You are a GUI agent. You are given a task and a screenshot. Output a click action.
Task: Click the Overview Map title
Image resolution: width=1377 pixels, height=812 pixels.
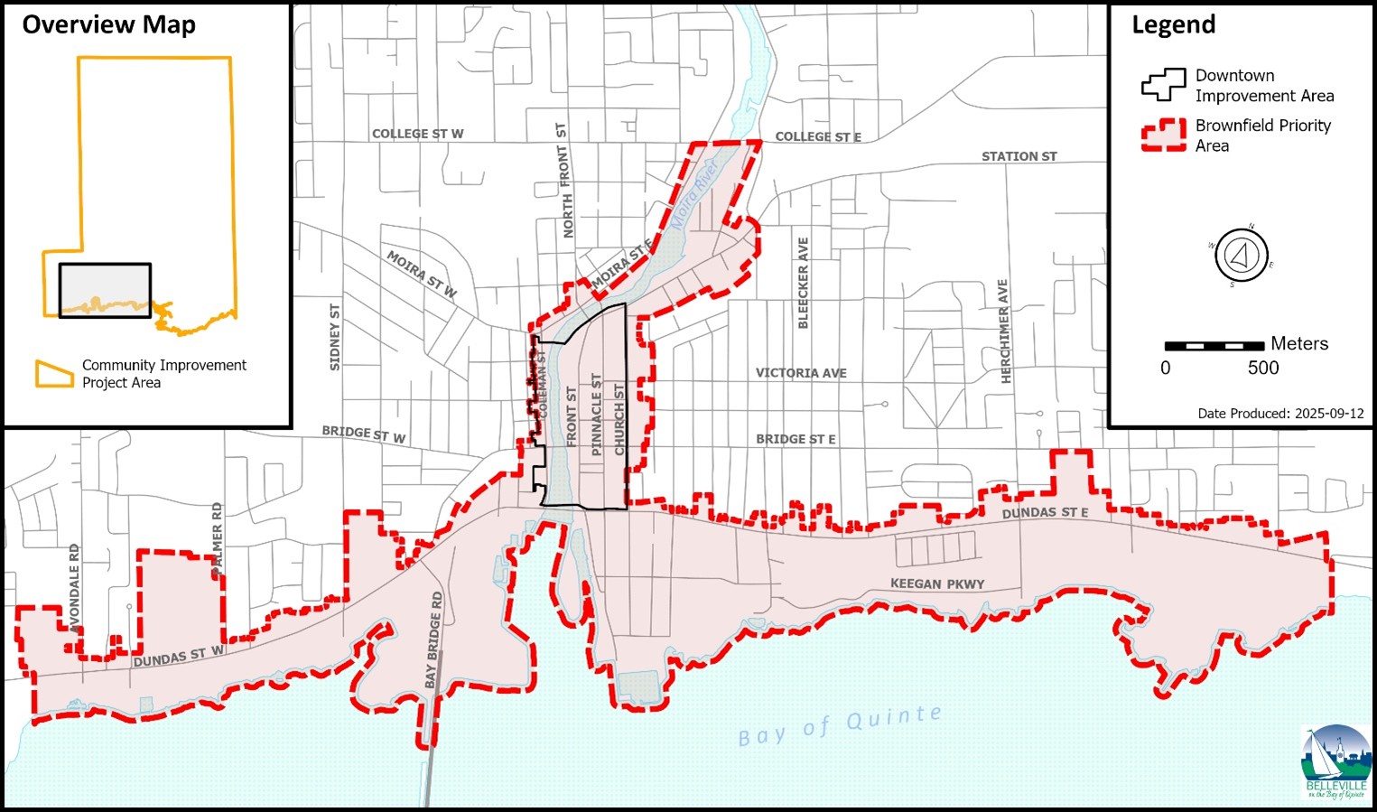click(108, 24)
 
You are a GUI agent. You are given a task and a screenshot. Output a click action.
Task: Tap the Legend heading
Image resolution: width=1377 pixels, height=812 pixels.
click(1173, 24)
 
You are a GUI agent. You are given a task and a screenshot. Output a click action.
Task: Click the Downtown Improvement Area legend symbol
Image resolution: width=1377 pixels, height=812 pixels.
click(1163, 85)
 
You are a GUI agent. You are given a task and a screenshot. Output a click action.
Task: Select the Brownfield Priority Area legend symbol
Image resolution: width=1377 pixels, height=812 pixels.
click(1163, 135)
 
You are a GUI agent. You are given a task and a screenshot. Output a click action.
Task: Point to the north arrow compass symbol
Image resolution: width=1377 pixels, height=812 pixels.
click(1242, 255)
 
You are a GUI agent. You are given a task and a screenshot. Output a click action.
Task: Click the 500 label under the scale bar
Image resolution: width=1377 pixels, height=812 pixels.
click(1262, 368)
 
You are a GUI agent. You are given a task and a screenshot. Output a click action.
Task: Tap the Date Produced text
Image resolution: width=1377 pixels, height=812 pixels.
click(1280, 413)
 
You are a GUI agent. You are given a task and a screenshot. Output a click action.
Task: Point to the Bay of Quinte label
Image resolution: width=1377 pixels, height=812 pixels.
click(839, 726)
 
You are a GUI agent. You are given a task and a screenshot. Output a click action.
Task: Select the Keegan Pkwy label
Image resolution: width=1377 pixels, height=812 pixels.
click(936, 583)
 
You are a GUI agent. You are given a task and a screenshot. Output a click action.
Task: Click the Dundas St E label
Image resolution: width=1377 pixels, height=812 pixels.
click(1045, 512)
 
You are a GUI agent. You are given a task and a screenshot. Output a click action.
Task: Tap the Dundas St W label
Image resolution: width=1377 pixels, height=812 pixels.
click(178, 658)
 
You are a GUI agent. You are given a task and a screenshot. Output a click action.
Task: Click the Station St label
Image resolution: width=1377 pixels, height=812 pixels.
click(1019, 156)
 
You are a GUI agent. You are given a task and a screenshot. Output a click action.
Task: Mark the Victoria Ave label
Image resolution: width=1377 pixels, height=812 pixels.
click(800, 372)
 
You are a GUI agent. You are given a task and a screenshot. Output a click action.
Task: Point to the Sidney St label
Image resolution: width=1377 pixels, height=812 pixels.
click(334, 337)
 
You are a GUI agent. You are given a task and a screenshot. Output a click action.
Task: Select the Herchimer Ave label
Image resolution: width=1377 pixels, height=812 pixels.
click(1003, 331)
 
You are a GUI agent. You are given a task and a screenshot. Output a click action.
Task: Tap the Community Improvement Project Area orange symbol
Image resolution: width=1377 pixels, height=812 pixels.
click(53, 374)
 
